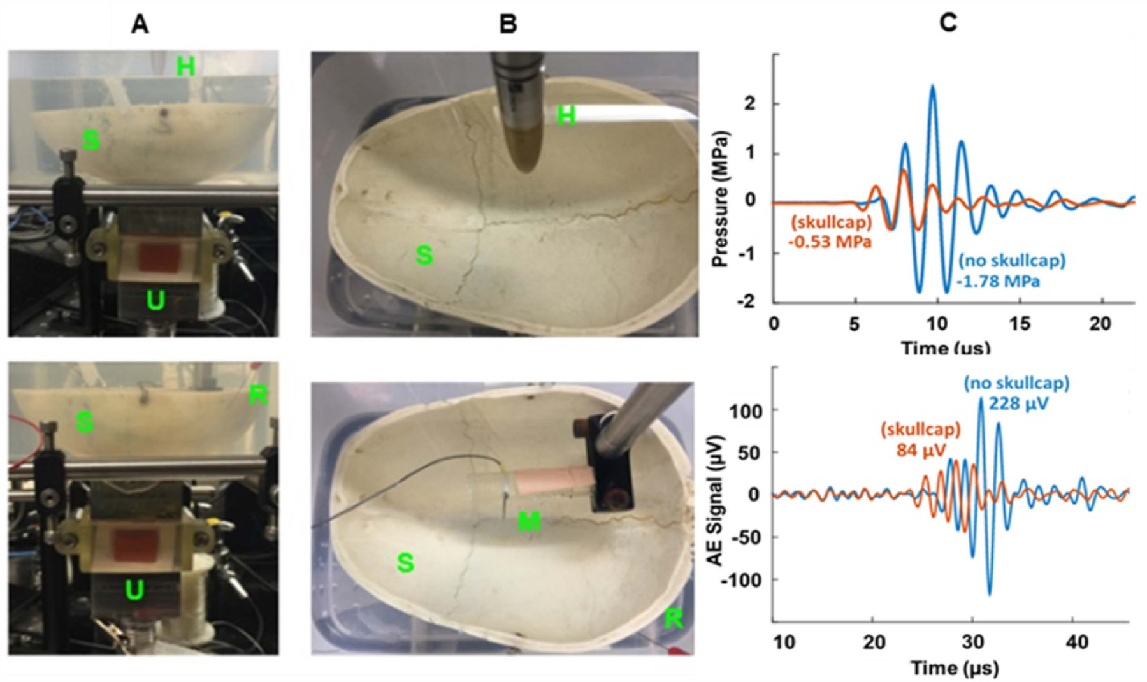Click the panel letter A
pyautogui.click(x=140, y=24)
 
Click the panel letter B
pyautogui.click(x=508, y=24)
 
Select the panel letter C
pyautogui.click(x=948, y=24)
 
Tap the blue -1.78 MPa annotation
pyautogui.click(x=998, y=281)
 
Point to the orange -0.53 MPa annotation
pyautogui.click(x=830, y=242)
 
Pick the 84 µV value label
pyautogui.click(x=920, y=450)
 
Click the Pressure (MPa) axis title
pyautogui.click(x=721, y=199)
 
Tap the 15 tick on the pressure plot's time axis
pyautogui.click(x=1019, y=324)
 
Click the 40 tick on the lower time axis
pyautogui.click(x=1077, y=642)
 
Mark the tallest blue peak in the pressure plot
pyautogui.click(x=932, y=87)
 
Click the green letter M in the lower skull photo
pyautogui.click(x=529, y=523)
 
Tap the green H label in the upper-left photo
pyautogui.click(x=185, y=66)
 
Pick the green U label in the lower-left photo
pyautogui.click(x=134, y=591)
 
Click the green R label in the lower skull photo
pyautogui.click(x=674, y=618)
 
